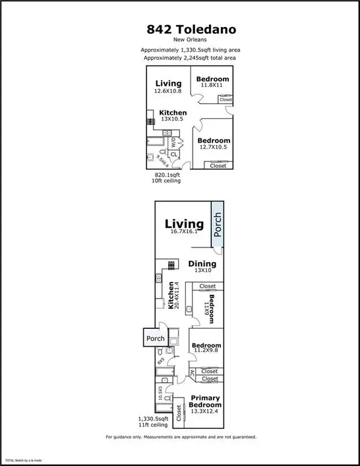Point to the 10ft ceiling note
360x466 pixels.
(x=166, y=180)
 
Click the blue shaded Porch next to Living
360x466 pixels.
(x=217, y=226)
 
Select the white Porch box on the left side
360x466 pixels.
(x=153, y=338)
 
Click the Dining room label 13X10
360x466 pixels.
(x=202, y=267)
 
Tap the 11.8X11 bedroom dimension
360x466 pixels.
(x=212, y=86)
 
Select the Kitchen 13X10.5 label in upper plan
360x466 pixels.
(x=173, y=116)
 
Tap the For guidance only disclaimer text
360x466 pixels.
(x=180, y=437)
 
